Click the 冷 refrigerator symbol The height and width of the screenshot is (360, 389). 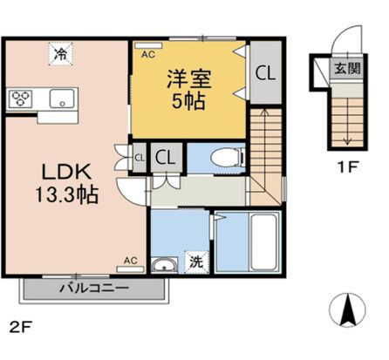[60, 55]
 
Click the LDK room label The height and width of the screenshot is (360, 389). [54, 170]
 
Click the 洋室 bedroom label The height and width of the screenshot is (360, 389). [188, 78]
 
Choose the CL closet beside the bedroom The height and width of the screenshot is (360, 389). [264, 74]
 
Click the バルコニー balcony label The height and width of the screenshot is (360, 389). [94, 287]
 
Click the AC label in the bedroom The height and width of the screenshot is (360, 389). [147, 54]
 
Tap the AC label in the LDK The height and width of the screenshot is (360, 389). [130, 260]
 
